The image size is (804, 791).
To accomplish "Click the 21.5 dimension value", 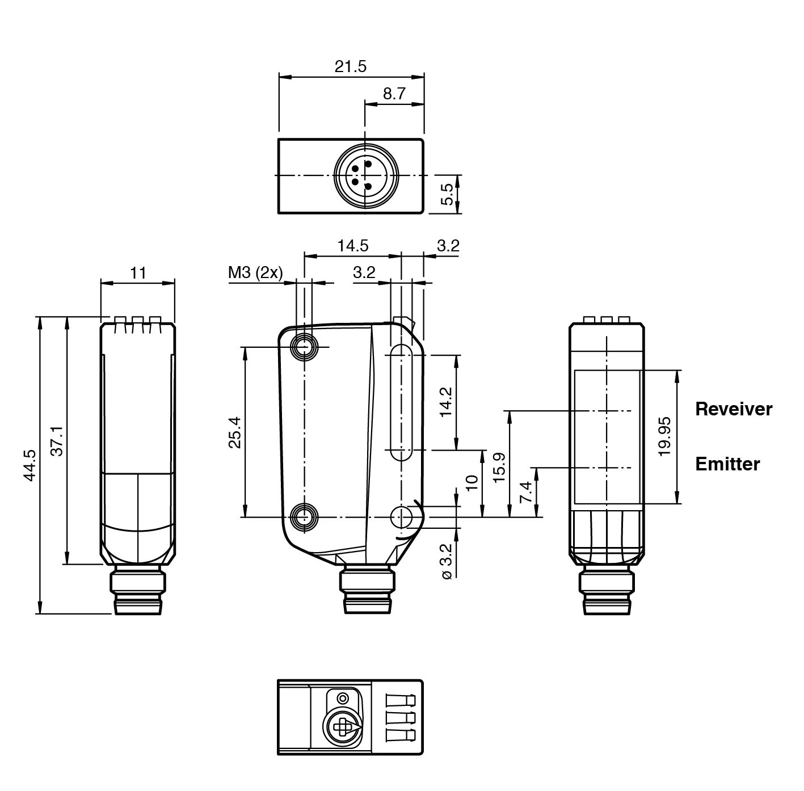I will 350,66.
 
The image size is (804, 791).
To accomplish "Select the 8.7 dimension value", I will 394,94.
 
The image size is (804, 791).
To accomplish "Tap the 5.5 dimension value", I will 447,194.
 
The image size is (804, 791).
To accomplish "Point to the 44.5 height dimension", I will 30,465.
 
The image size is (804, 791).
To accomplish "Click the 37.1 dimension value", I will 57,440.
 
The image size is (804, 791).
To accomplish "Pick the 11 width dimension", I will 138,273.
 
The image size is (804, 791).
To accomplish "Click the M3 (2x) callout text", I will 255,273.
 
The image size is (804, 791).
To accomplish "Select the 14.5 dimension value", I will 352,246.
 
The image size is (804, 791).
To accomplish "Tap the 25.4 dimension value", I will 235,432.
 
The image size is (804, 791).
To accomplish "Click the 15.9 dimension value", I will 499,467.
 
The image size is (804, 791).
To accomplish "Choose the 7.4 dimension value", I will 527,492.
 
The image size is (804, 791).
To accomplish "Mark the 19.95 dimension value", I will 665,436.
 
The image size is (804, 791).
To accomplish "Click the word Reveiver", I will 734,409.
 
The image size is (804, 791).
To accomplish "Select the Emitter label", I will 727,464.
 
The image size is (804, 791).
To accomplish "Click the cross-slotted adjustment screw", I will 342,727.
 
